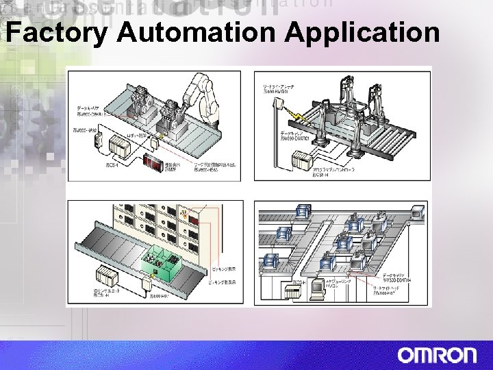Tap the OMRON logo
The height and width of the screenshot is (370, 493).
tap(437, 356)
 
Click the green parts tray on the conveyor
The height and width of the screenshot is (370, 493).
tap(158, 261)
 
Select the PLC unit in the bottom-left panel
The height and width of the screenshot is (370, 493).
tap(106, 276)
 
